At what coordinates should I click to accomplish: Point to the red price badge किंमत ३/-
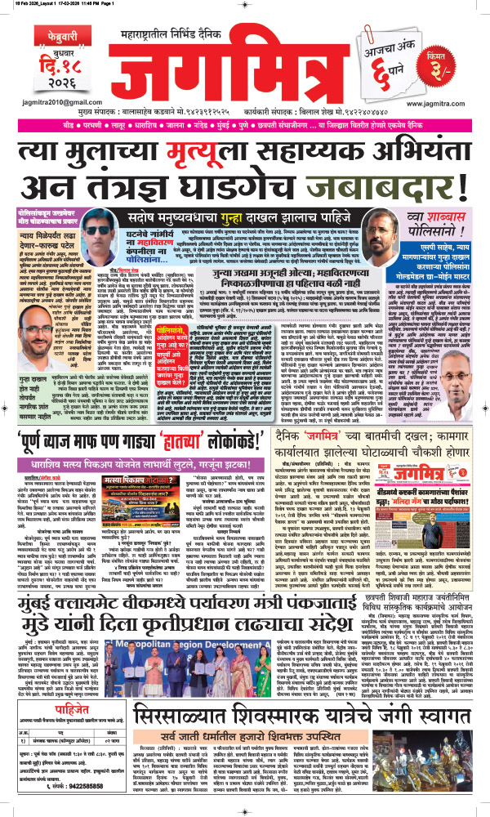[x=458, y=60]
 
